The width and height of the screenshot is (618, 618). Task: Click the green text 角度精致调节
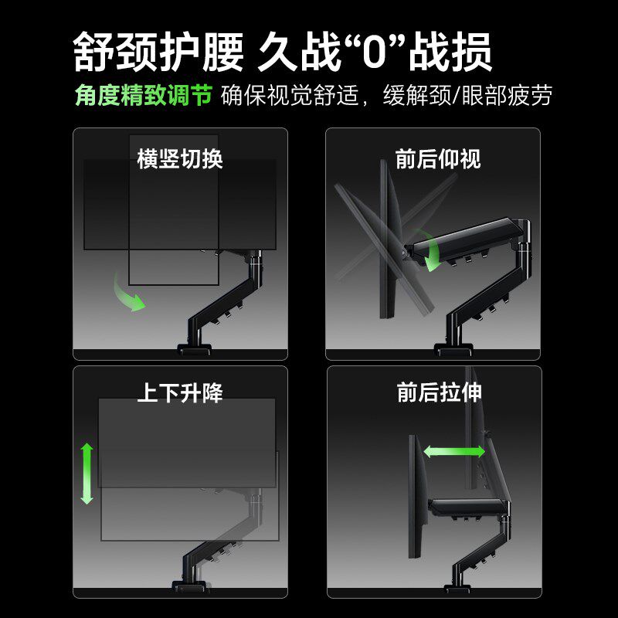[143, 97]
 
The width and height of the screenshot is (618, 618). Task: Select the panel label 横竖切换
[180, 159]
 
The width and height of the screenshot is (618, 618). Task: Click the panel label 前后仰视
[438, 159]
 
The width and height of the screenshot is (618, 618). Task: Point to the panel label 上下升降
[180, 393]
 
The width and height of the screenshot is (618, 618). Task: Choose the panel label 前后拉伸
[438, 393]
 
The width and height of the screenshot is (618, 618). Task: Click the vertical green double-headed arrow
[87, 474]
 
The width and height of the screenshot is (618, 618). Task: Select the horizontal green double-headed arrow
[453, 451]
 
